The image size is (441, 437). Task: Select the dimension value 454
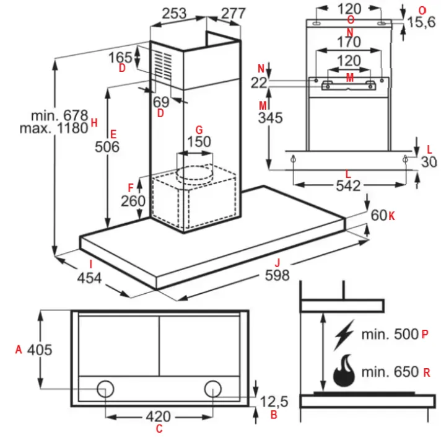point(89,278)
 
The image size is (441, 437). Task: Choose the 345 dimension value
point(270,118)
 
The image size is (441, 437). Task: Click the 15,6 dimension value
point(424,23)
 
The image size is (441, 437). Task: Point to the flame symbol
point(343,370)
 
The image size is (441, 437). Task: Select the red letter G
point(199,130)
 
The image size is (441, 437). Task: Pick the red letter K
point(391,216)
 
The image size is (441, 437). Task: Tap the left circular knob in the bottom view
point(105,389)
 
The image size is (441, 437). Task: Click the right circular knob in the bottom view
point(214,389)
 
